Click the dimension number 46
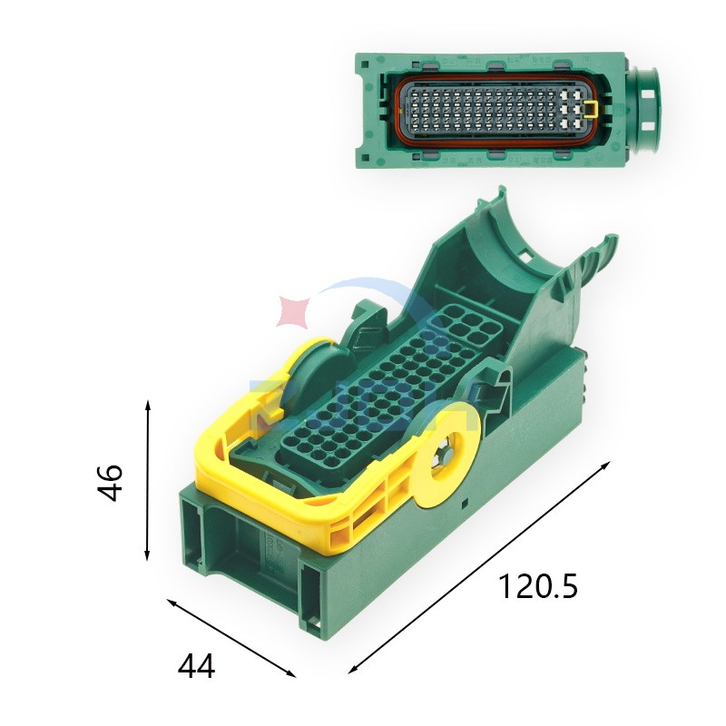click(x=110, y=482)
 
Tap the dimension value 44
click(x=196, y=667)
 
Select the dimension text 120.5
click(x=537, y=587)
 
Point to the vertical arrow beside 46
click(x=148, y=482)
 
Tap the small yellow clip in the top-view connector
click(x=591, y=111)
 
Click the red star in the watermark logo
click(x=294, y=310)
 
